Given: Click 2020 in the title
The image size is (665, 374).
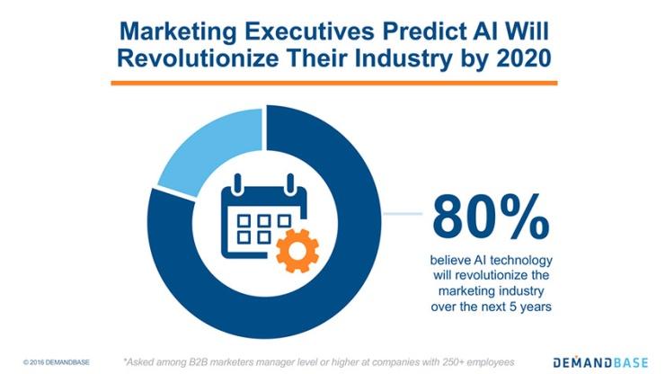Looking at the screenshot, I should point(507,62).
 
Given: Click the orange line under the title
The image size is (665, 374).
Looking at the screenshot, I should point(332,83).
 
